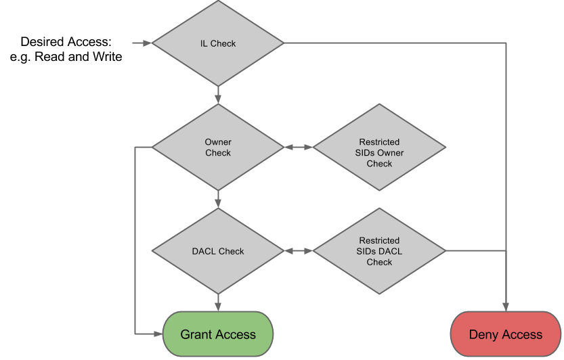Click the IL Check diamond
218,43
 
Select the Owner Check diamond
218,148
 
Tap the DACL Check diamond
218,251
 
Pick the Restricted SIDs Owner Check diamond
379,148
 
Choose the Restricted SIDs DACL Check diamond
379,251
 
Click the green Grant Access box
218,334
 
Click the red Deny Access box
506,334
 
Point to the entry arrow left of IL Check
142,43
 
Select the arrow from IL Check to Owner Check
218,95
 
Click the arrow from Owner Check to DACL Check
218,199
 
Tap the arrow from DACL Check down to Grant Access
218,302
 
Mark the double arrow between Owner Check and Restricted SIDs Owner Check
298,148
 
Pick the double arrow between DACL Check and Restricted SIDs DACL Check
298,251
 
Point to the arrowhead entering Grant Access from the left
158,334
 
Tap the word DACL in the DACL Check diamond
204,251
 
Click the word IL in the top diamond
204,43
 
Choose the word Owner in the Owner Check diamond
218,142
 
